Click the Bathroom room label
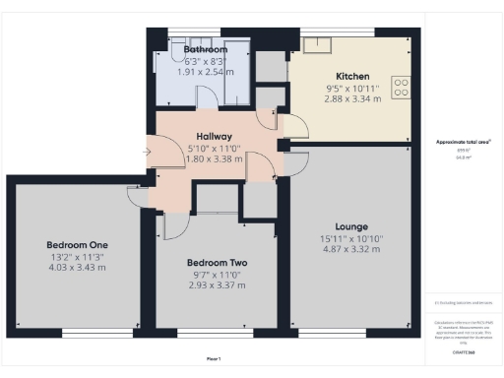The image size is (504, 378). (x=205, y=49)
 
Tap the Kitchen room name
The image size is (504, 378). (x=351, y=76)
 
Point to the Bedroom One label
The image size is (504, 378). (x=77, y=244)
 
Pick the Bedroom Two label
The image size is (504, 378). (x=217, y=263)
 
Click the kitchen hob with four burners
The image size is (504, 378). (x=402, y=87)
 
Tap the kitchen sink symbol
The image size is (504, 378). (x=321, y=44)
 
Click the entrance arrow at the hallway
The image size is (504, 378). (x=148, y=152)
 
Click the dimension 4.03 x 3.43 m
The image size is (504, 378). (x=77, y=268)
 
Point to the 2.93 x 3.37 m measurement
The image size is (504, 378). (x=217, y=285)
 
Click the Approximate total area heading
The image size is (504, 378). (x=464, y=142)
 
